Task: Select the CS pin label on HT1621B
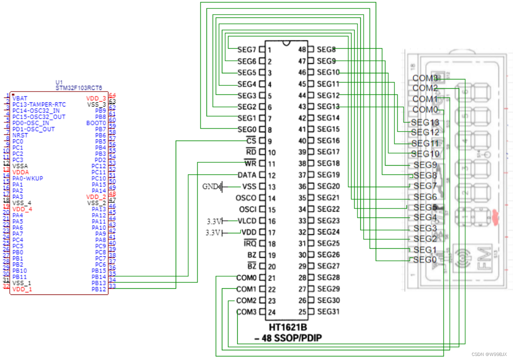pyautogui.click(x=251, y=141)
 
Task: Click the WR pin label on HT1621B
pyautogui.click(x=251, y=164)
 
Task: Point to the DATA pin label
pyautogui.click(x=247, y=175)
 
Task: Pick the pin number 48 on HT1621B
pyautogui.click(x=302, y=50)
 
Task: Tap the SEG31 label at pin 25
pyautogui.click(x=328, y=312)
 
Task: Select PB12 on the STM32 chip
pyautogui.click(x=98, y=289)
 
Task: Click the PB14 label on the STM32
pyautogui.click(x=98, y=277)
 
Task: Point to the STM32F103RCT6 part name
pyautogui.click(x=79, y=87)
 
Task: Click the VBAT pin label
pyautogui.click(x=20, y=98)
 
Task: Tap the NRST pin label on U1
pyautogui.click(x=20, y=135)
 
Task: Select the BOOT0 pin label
pyautogui.click(x=96, y=123)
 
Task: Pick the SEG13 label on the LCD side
pyautogui.click(x=425, y=122)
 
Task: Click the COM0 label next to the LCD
pyautogui.click(x=425, y=110)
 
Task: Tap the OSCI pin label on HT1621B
pyautogui.click(x=246, y=210)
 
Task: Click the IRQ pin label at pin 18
pyautogui.click(x=250, y=244)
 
